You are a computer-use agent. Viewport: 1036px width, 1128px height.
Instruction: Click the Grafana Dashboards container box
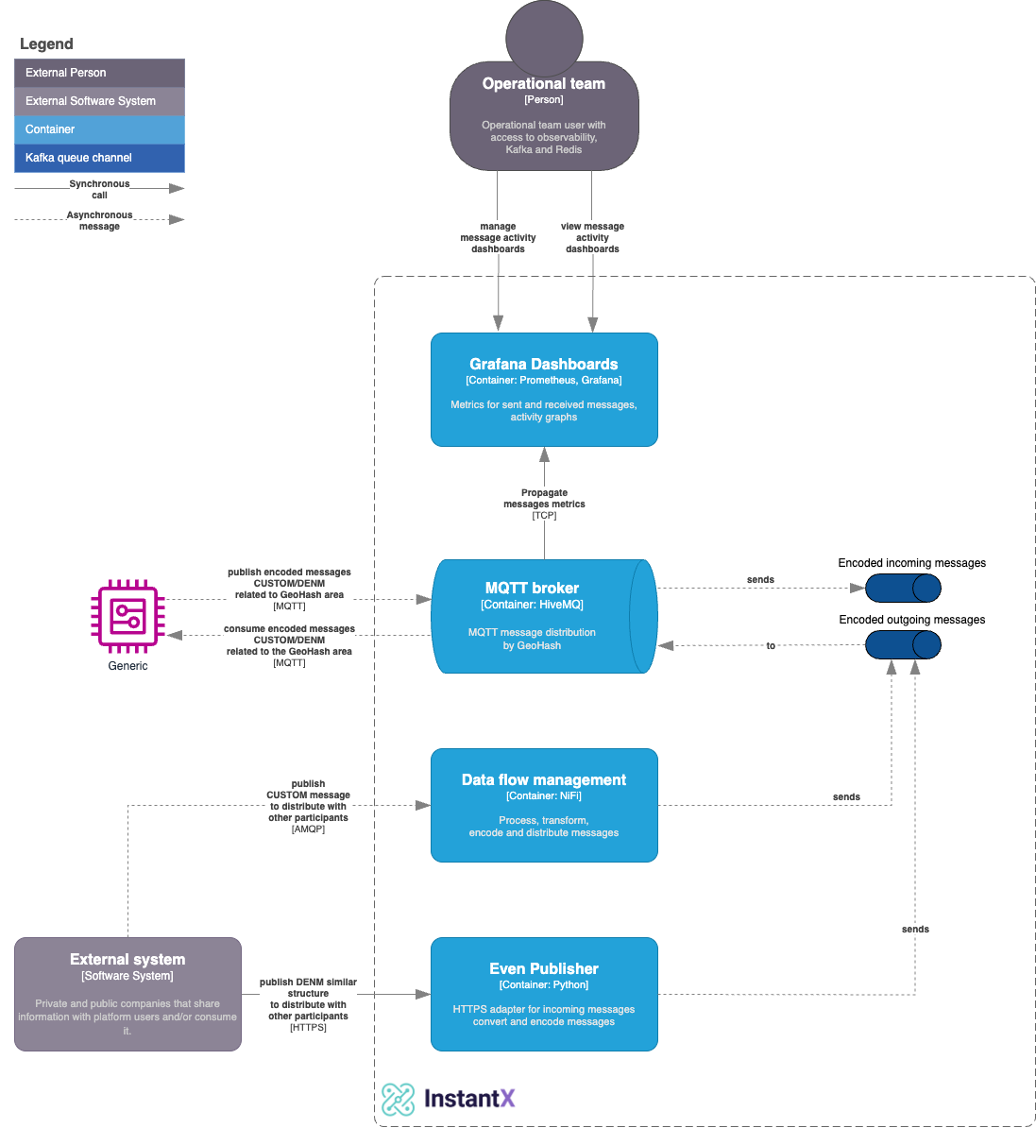(x=544, y=389)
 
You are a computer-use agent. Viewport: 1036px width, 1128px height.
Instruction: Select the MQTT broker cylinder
(x=543, y=616)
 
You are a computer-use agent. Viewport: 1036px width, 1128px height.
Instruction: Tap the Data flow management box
(x=544, y=805)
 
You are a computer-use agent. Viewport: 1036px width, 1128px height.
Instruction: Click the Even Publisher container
(x=544, y=994)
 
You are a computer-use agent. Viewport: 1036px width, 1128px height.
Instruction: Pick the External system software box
(x=127, y=994)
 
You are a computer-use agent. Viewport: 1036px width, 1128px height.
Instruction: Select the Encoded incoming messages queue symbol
(x=903, y=588)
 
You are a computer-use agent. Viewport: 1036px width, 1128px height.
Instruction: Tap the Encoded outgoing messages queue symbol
(x=903, y=645)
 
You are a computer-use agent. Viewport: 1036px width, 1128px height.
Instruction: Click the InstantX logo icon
(x=399, y=1099)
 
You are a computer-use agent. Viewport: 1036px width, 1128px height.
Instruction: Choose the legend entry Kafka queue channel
(x=99, y=158)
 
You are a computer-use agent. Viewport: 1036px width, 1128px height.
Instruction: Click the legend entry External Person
(x=99, y=73)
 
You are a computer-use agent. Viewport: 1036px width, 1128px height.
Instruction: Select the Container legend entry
(x=99, y=129)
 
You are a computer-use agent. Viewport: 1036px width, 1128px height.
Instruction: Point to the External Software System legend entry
(x=99, y=101)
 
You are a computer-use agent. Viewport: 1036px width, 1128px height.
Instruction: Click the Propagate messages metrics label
(x=544, y=499)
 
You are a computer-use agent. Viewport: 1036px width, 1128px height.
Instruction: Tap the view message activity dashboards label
(x=592, y=237)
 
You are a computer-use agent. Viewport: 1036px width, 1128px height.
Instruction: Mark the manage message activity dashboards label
(x=498, y=237)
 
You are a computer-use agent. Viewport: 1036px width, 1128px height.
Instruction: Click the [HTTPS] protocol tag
(x=308, y=1028)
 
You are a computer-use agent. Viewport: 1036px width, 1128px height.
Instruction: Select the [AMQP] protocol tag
(x=308, y=829)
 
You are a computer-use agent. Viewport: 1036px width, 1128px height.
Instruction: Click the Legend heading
(x=46, y=43)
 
